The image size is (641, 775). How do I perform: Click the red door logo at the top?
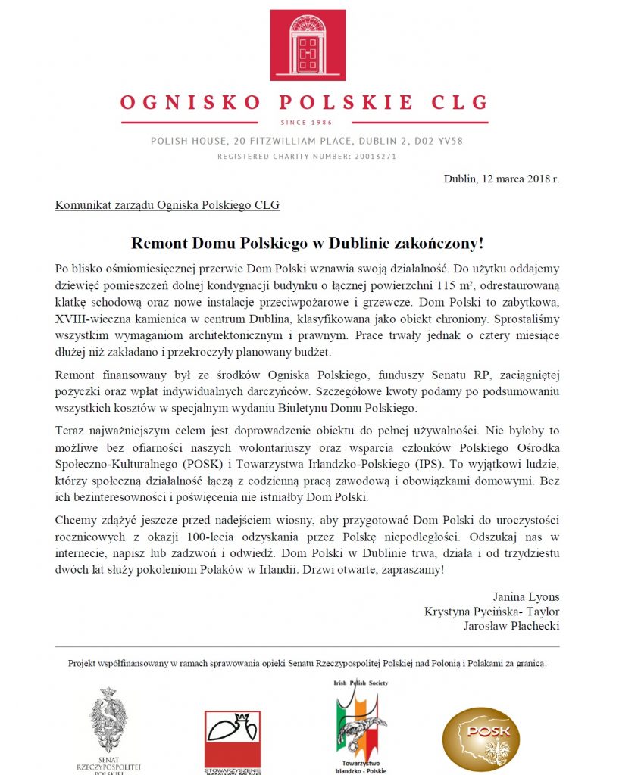(x=308, y=45)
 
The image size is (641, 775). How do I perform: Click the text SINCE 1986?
(x=308, y=123)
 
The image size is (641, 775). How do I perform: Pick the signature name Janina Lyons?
(x=526, y=596)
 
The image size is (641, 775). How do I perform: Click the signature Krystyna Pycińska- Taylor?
(x=492, y=612)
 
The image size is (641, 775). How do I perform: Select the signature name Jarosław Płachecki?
(x=511, y=626)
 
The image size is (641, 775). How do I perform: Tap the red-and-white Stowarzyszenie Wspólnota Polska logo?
(x=233, y=738)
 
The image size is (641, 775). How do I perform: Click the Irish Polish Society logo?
(x=360, y=723)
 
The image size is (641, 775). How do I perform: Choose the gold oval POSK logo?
(x=481, y=738)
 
